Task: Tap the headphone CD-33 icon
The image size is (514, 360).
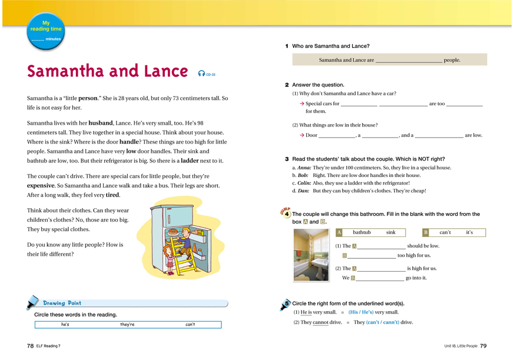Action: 207,74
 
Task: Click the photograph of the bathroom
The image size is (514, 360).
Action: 311,255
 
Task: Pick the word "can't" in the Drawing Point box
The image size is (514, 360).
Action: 190,324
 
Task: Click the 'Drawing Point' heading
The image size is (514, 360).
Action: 62,303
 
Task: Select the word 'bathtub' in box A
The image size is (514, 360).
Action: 362,232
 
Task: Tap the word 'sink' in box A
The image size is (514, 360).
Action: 390,232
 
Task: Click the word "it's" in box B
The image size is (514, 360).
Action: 469,232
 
